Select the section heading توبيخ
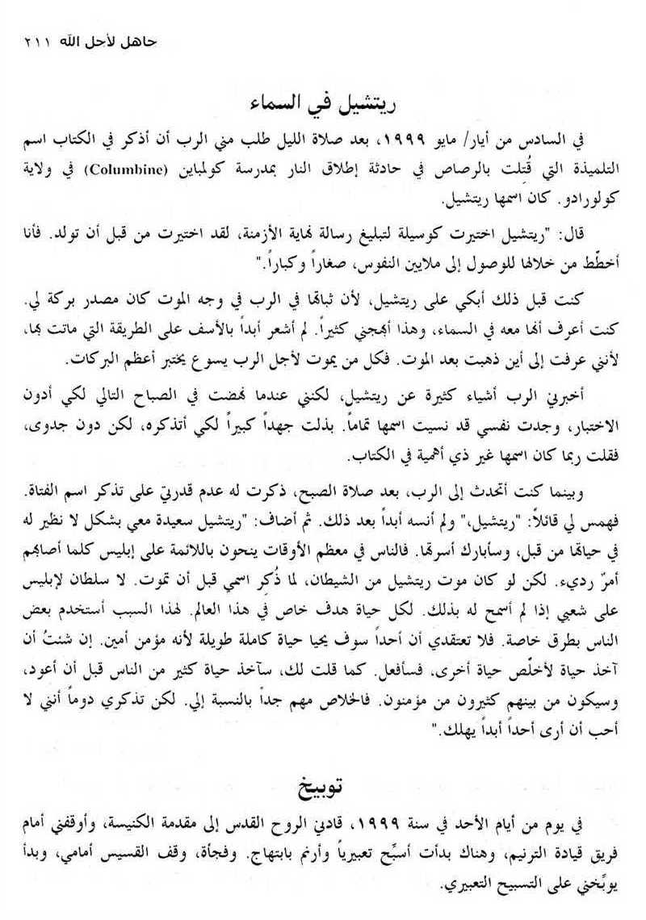click(x=322, y=785)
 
